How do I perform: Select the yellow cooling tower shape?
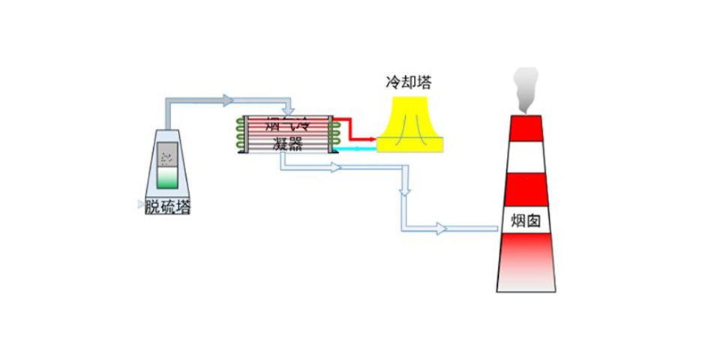(410, 124)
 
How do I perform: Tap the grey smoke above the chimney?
(525, 88)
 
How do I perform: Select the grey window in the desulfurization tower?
(167, 157)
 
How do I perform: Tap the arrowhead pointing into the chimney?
(442, 229)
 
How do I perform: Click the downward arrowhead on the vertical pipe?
(405, 191)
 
